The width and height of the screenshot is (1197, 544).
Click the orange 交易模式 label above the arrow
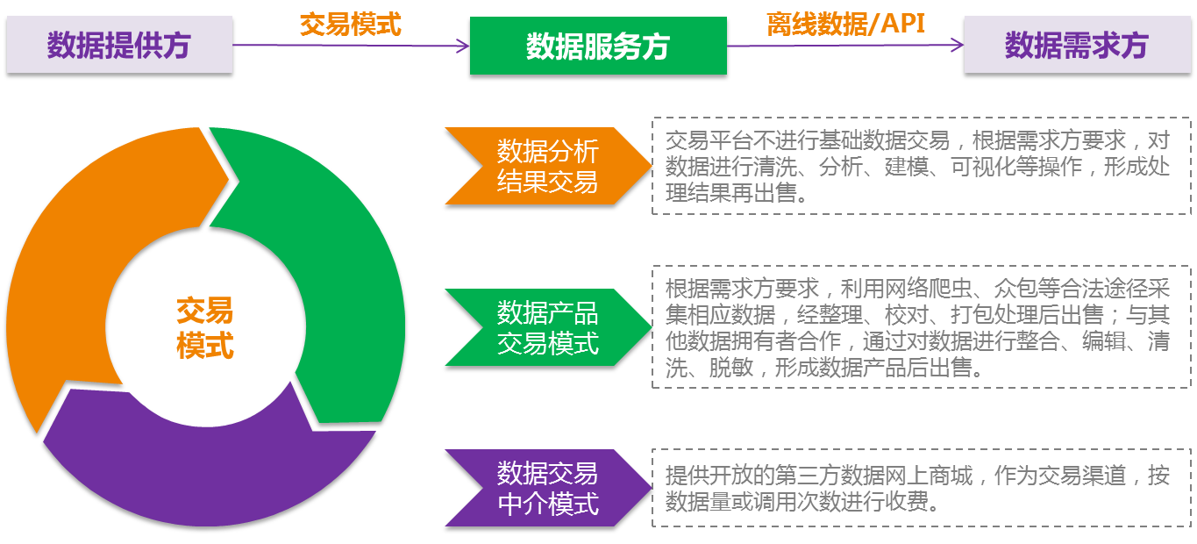tap(350, 24)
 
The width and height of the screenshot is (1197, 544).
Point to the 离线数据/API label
tap(845, 24)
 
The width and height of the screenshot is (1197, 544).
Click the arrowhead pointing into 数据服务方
tap(464, 47)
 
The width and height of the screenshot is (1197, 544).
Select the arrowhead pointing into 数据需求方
tap(958, 47)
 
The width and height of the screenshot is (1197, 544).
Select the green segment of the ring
tap(333, 263)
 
